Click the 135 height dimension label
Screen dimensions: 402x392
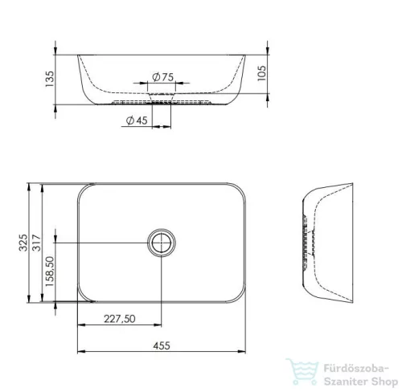(x=50, y=79)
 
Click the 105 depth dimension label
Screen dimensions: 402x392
(x=261, y=73)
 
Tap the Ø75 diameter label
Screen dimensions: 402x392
(x=163, y=77)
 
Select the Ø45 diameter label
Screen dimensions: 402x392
(x=137, y=120)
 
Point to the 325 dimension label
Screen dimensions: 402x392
(x=23, y=243)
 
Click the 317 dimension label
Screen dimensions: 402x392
(x=37, y=243)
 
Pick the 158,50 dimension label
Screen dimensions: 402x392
(x=50, y=272)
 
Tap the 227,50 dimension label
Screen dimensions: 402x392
(x=120, y=319)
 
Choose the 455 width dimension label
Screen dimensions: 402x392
(x=162, y=345)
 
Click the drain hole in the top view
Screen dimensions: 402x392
(x=162, y=243)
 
